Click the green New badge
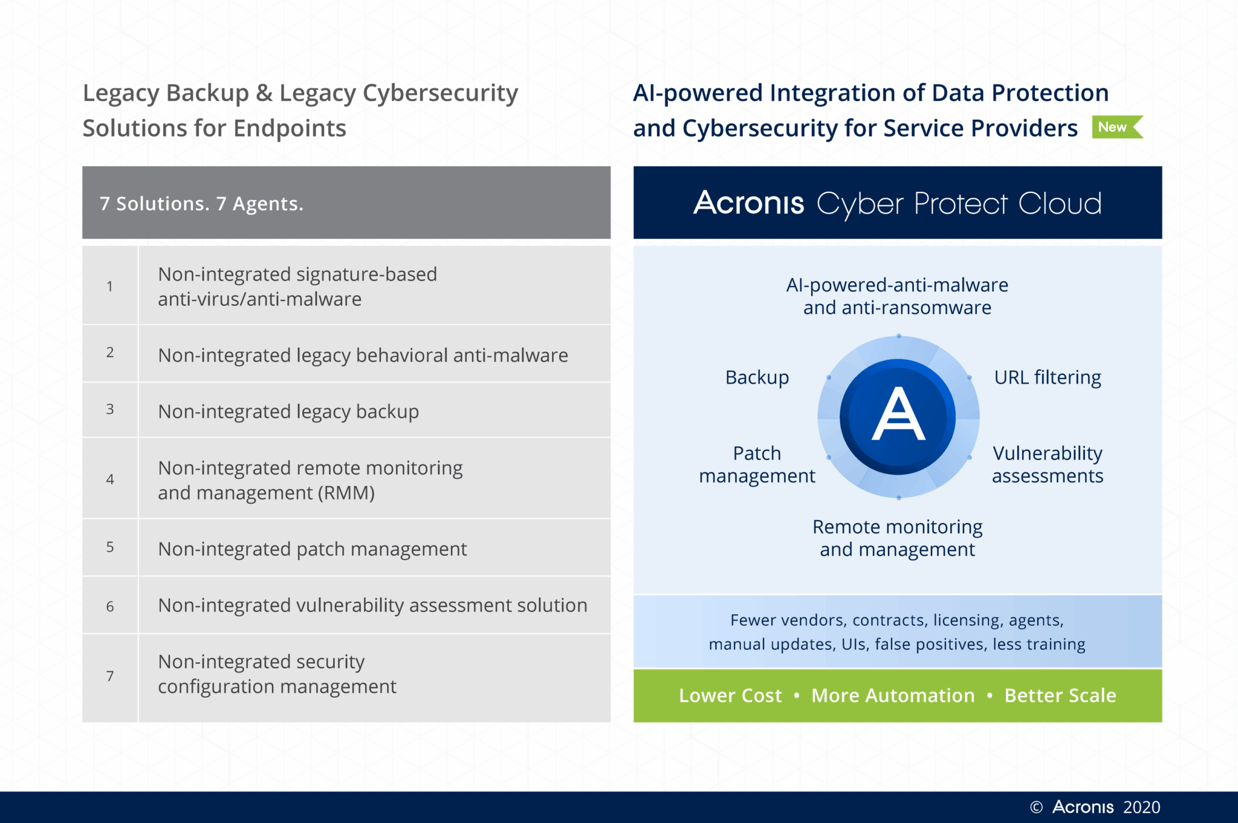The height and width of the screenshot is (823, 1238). pyautogui.click(x=1115, y=127)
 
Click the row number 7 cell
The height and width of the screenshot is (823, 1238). pyautogui.click(x=110, y=676)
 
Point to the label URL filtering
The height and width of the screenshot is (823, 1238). pyautogui.click(x=1048, y=377)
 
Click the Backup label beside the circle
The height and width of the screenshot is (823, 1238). pyautogui.click(x=757, y=377)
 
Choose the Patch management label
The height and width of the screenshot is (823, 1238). pyautogui.click(x=757, y=464)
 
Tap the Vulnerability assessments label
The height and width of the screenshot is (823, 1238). pyautogui.click(x=1048, y=464)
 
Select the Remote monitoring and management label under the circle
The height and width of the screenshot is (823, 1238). pyautogui.click(x=897, y=538)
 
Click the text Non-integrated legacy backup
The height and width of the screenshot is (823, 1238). pyautogui.click(x=288, y=412)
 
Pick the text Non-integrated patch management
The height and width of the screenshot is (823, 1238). pyautogui.click(x=312, y=549)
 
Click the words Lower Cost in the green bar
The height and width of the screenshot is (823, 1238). pyautogui.click(x=730, y=695)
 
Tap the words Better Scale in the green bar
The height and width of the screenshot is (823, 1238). pyautogui.click(x=1060, y=695)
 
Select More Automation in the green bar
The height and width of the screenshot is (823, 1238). pyautogui.click(x=893, y=695)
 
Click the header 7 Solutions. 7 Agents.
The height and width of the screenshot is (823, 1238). pyautogui.click(x=201, y=204)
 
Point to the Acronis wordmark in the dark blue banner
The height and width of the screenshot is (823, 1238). pyautogui.click(x=748, y=203)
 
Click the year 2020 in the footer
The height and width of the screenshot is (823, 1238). pyautogui.click(x=1141, y=807)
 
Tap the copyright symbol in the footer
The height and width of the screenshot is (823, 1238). pyautogui.click(x=1036, y=807)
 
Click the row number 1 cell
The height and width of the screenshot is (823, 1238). pyautogui.click(x=110, y=286)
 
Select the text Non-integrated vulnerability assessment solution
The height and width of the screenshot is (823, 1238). pyautogui.click(x=372, y=605)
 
